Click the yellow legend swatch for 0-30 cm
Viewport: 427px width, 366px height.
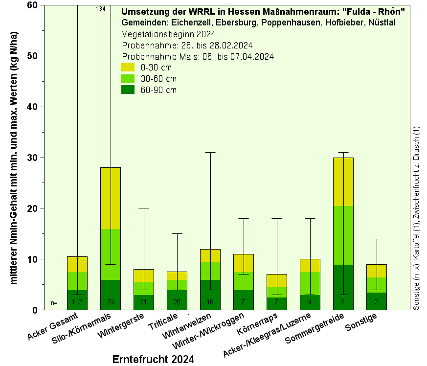128,67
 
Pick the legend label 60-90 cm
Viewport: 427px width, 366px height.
158,90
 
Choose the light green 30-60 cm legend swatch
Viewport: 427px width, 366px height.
128,78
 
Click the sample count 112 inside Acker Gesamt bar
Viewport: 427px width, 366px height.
77,302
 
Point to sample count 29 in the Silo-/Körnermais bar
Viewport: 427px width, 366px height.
110,302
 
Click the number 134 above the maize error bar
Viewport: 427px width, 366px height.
100,9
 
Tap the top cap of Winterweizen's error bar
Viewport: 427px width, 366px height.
210,153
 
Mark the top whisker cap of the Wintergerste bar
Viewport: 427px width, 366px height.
143,208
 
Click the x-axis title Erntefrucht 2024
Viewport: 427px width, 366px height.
153,359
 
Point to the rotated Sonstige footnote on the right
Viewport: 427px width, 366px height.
417,218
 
